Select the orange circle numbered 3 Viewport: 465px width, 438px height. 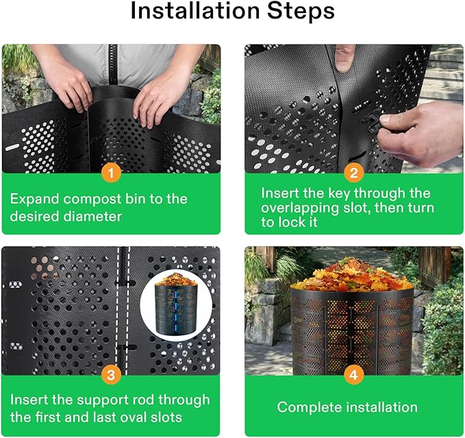[x=111, y=375]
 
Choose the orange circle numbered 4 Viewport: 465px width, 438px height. [x=354, y=375]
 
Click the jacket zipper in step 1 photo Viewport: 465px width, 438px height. [x=112, y=64]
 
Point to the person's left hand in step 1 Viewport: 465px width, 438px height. [x=155, y=97]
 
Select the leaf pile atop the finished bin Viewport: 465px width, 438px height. [x=353, y=273]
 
